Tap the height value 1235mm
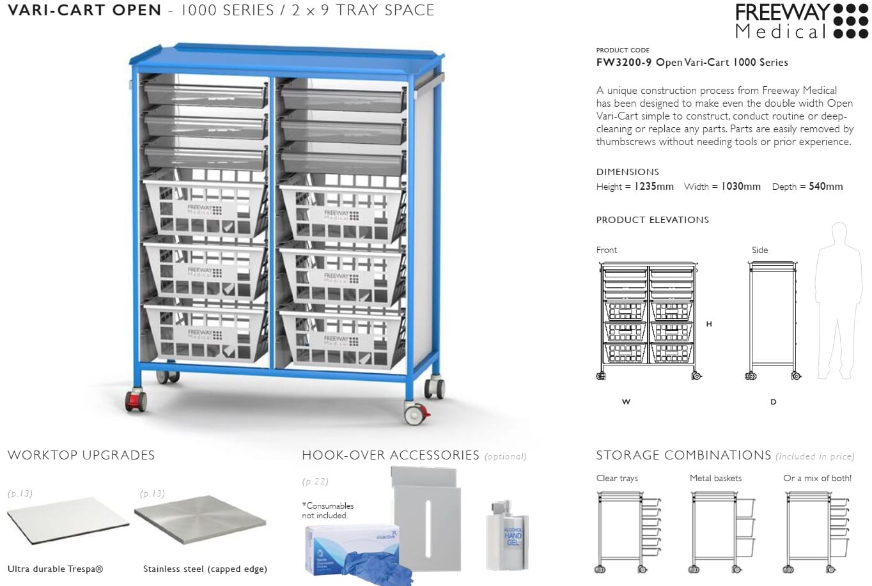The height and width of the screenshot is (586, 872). (653, 187)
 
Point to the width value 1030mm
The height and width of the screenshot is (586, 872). (741, 187)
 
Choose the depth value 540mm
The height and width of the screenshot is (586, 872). (825, 187)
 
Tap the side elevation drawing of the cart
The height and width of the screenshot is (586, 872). (773, 320)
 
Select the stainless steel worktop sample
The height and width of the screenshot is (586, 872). (199, 521)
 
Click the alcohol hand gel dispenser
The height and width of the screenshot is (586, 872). (508, 534)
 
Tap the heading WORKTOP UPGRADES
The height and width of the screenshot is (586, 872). (81, 456)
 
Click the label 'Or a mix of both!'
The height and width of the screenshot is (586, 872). (817, 478)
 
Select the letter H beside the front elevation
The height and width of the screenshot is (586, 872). (709, 324)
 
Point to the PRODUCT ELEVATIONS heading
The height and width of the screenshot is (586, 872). (652, 220)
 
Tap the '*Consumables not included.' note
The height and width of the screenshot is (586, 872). (328, 511)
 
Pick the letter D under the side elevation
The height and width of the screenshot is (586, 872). (773, 402)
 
